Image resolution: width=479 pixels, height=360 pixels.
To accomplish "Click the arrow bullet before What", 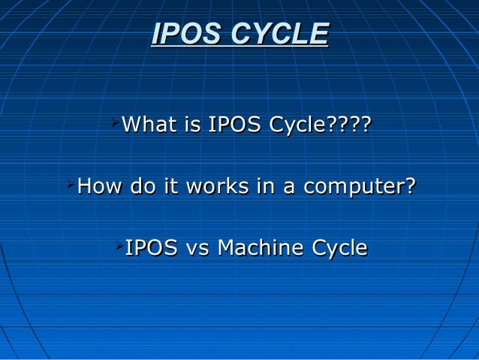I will pyautogui.click(x=113, y=119).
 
